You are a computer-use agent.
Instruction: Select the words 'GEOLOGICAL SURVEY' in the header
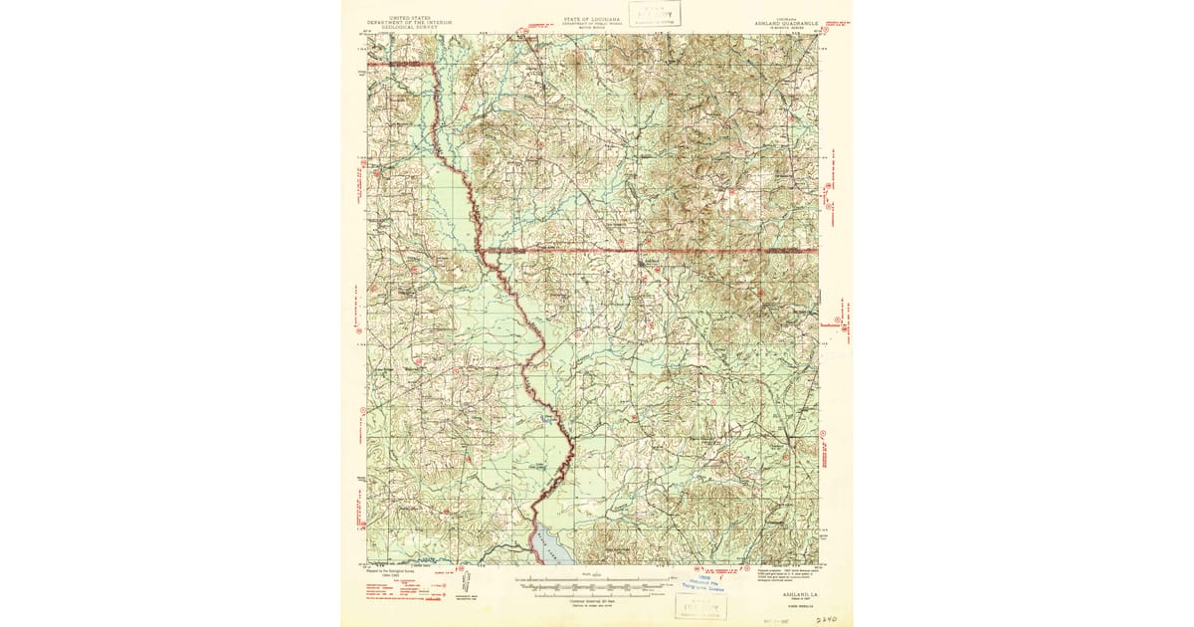pos(405,27)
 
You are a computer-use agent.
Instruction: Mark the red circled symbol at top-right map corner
pos(823,36)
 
